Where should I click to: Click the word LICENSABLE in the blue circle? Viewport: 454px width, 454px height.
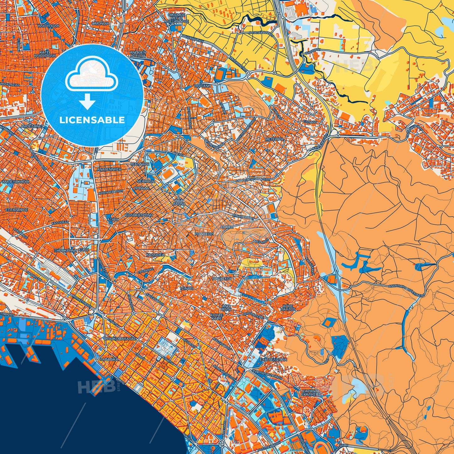[93, 120]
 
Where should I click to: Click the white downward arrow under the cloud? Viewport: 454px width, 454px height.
[88, 102]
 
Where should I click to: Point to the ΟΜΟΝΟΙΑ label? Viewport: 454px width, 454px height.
[101, 23]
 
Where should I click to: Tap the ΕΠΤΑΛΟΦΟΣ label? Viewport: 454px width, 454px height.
[17, 209]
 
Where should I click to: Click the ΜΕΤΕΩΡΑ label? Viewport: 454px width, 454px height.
[274, 139]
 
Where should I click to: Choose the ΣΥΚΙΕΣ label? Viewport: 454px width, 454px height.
[227, 226]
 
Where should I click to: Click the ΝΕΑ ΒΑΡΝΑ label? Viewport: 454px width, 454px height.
[181, 201]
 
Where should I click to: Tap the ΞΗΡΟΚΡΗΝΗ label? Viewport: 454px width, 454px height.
[65, 250]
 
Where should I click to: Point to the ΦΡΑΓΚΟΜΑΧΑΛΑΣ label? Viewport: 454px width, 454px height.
[120, 339]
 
